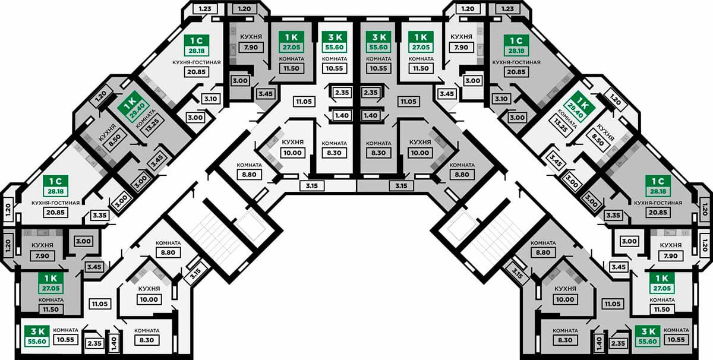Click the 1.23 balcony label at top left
[205, 9]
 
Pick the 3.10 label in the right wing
[501, 99]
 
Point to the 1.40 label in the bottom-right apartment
[598, 343]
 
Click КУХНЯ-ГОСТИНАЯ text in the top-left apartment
[197, 62]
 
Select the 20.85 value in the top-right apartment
[516, 72]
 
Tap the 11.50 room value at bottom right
[667, 310]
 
